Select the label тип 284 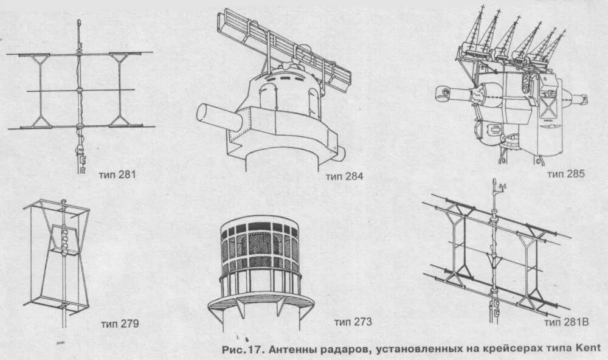(x=344, y=177)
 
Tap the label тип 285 (x=565, y=174)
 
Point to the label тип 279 (x=120, y=324)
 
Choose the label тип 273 (x=353, y=322)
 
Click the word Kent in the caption (x=586, y=348)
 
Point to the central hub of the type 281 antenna (x=80, y=91)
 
